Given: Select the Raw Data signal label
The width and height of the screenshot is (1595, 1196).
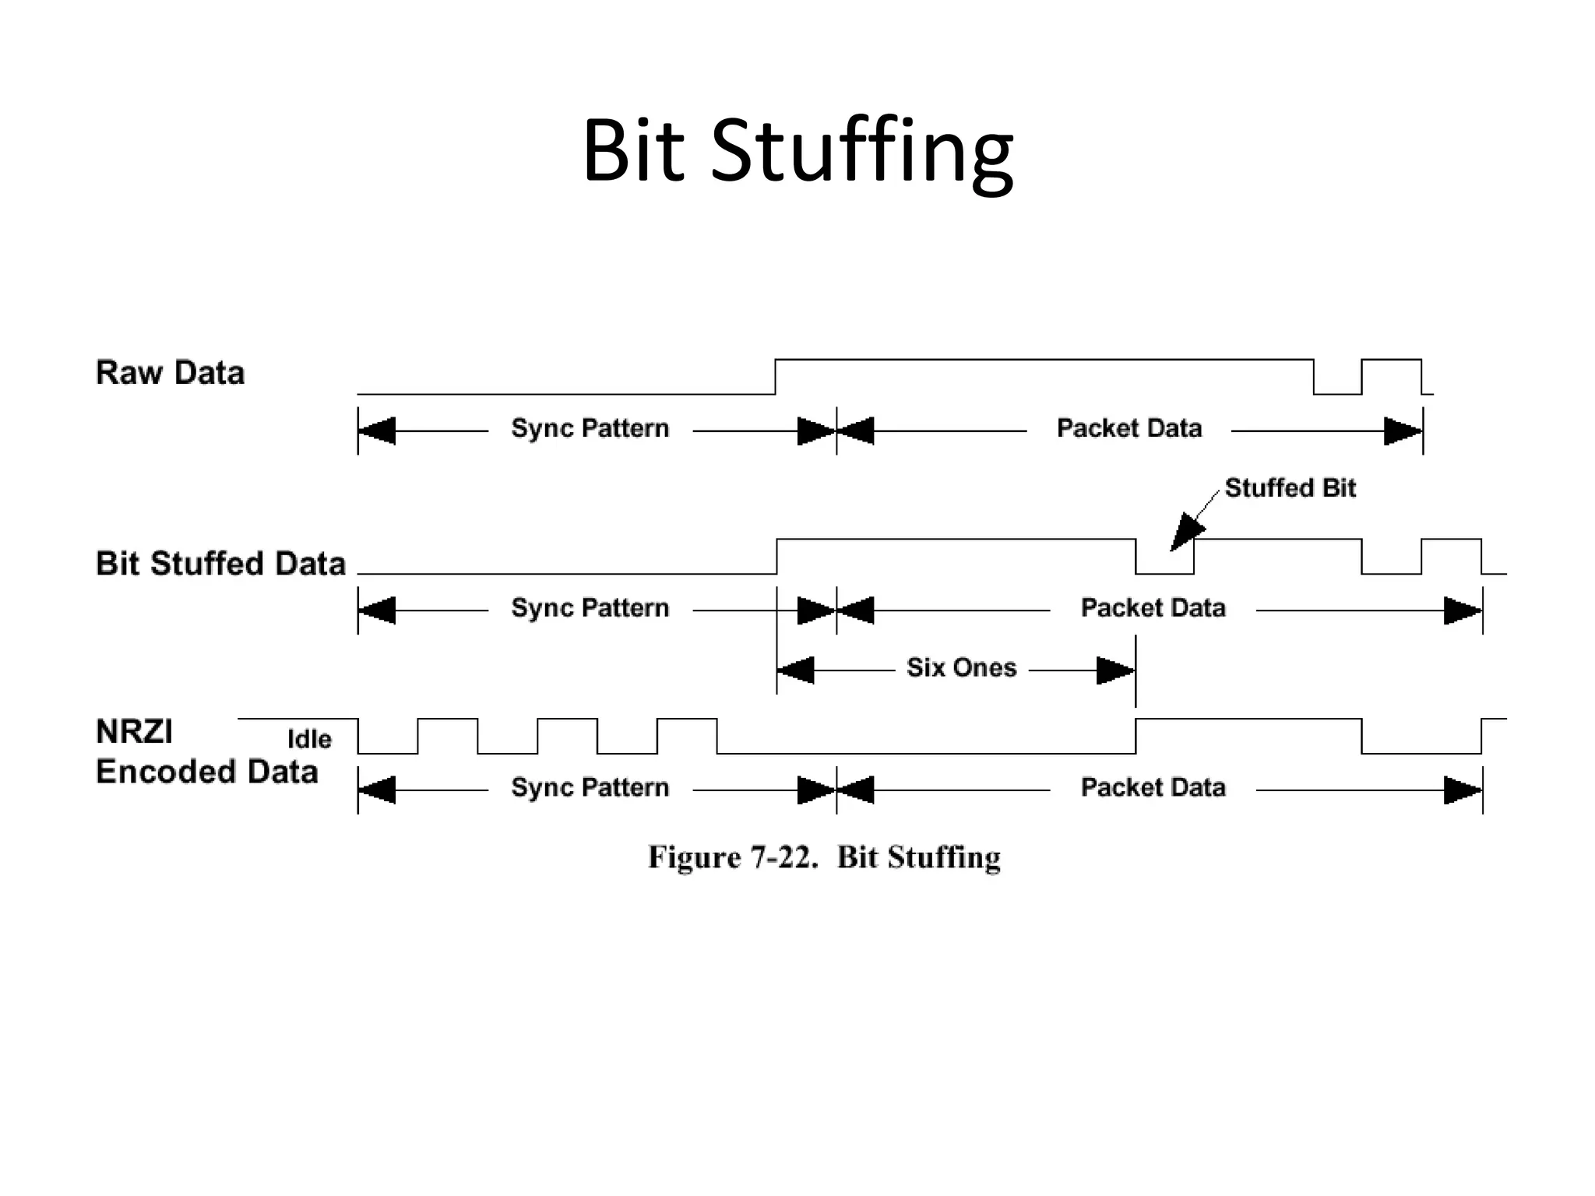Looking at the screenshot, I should pos(170,373).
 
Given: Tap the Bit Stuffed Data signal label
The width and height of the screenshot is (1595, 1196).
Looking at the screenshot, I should pos(220,563).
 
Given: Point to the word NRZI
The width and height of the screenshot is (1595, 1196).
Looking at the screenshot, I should pos(134,732).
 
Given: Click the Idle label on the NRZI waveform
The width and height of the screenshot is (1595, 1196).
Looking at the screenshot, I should pos(309,739).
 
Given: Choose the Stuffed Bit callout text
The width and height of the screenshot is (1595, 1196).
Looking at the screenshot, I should pos(1290,488).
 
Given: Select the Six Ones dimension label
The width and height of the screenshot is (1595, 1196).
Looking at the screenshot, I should pos(961,668).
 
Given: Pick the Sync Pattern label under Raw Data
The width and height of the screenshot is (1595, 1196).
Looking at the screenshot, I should pos(590,428).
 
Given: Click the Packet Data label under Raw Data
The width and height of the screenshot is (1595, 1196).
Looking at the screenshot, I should pos(1128,428).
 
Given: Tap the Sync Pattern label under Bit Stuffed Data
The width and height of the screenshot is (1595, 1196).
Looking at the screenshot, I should pos(590,608).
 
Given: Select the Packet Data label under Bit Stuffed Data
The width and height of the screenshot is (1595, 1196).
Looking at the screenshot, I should pos(1153,608).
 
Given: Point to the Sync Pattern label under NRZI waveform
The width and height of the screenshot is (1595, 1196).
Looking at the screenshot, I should pos(590,788).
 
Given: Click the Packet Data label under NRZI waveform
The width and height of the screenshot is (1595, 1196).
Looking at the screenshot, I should pos(1153,788).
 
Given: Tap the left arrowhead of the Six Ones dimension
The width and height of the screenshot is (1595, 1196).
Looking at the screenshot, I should pos(796,670).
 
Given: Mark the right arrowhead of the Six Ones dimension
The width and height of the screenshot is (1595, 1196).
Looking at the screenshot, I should pos(1115,670).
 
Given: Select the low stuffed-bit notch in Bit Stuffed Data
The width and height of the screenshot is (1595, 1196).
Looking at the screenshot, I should pos(1164,567).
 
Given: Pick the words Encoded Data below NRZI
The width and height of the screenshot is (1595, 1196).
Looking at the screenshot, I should pos(206,772).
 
